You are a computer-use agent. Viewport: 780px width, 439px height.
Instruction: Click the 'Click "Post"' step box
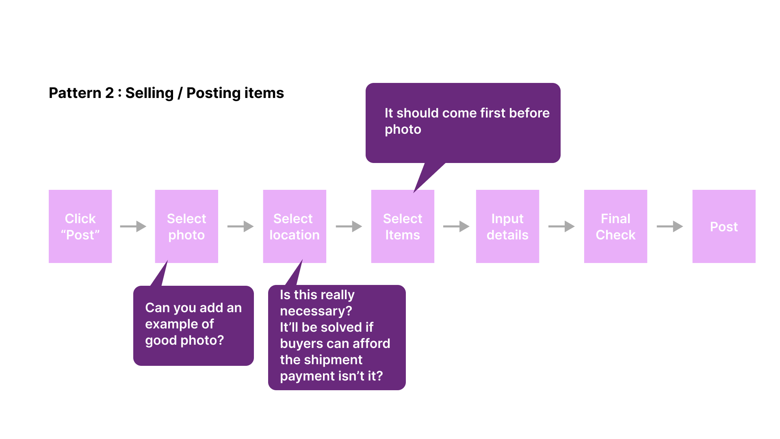pyautogui.click(x=80, y=226)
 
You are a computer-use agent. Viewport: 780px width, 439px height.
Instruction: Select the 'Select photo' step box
pyautogui.click(x=186, y=226)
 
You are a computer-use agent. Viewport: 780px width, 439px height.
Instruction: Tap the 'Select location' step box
pyautogui.click(x=295, y=226)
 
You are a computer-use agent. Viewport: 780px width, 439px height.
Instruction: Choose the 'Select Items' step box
pyautogui.click(x=403, y=226)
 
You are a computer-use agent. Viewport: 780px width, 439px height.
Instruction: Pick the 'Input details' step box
pyautogui.click(x=507, y=226)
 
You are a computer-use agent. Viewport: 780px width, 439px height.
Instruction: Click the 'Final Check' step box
pyautogui.click(x=615, y=226)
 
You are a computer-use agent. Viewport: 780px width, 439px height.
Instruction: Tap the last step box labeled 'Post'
pyautogui.click(x=724, y=226)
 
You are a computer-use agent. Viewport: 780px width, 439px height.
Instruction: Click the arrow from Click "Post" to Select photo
pyautogui.click(x=133, y=226)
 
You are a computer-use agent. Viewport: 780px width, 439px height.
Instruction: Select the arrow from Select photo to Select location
pyautogui.click(x=240, y=226)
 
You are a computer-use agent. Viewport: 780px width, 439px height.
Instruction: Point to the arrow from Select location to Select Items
pyautogui.click(x=349, y=226)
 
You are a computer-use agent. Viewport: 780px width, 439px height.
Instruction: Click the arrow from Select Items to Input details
pyautogui.click(x=456, y=226)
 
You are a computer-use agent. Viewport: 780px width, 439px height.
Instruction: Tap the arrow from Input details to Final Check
pyautogui.click(x=561, y=226)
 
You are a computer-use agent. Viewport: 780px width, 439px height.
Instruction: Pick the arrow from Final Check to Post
pyautogui.click(x=670, y=226)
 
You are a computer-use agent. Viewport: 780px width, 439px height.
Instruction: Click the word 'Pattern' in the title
pyautogui.click(x=75, y=93)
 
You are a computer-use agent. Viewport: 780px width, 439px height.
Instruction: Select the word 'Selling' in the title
pyautogui.click(x=149, y=93)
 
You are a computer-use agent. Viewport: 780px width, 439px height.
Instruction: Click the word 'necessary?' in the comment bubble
pyautogui.click(x=316, y=311)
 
